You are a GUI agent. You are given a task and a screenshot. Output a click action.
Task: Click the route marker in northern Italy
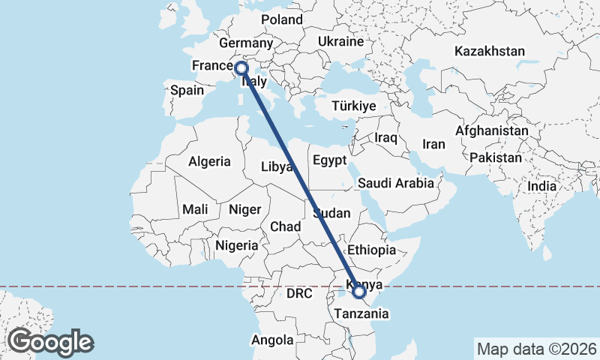coord(241,69)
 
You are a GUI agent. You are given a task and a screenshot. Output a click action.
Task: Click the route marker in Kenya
coord(358,291)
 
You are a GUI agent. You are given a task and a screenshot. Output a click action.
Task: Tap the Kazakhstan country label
coord(490,52)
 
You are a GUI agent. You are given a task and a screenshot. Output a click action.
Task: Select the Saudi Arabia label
coord(396,183)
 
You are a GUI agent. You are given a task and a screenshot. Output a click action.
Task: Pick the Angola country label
coord(272,340)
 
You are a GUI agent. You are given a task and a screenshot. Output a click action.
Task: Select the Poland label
coord(282,19)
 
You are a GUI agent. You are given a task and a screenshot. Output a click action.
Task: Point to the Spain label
coord(187,91)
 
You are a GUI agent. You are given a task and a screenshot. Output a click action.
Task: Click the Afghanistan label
coord(492,130)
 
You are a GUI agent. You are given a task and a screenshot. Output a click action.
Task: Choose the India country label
coord(542,186)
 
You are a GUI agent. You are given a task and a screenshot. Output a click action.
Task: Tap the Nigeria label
coord(236,245)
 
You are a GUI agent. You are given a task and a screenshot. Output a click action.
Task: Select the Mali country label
coord(194,210)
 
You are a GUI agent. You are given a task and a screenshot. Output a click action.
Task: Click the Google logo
coord(50,342)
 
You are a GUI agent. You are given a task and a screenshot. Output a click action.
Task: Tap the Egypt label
coord(329,160)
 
